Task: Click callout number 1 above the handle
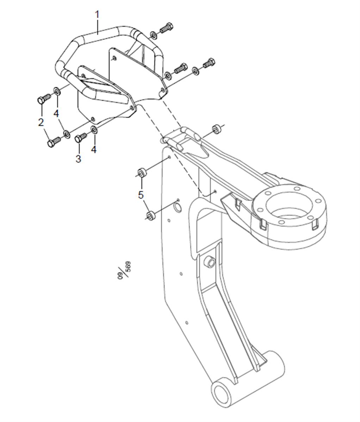tap(97, 14)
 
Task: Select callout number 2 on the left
tap(41, 122)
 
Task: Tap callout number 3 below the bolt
tap(78, 159)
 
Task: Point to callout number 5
tap(141, 194)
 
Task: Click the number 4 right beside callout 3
tap(93, 149)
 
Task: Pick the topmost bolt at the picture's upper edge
tap(166, 28)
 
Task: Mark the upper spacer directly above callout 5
tap(142, 173)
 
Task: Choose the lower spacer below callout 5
tap(151, 215)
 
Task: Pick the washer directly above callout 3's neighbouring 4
tap(94, 130)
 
